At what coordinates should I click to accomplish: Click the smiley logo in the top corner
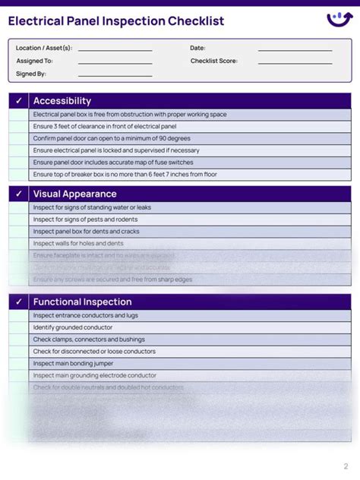(x=339, y=19)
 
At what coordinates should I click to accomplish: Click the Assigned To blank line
(x=115, y=62)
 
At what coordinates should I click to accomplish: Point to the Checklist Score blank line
(x=295, y=62)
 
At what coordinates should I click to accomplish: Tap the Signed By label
(x=31, y=74)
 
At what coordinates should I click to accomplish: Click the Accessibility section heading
(x=62, y=101)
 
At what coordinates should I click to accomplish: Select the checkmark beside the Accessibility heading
(x=19, y=101)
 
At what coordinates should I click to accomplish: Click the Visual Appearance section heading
(x=74, y=194)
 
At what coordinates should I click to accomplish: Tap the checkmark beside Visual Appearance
(x=19, y=194)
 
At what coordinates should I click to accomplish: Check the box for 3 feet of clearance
(x=19, y=126)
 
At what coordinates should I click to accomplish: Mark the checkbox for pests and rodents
(x=19, y=219)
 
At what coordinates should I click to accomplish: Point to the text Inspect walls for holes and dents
(x=78, y=243)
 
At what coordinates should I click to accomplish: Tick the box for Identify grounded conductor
(x=19, y=327)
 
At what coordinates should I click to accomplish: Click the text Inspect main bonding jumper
(x=73, y=363)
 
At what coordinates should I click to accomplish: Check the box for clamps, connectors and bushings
(x=19, y=339)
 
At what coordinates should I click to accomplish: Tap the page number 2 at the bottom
(x=346, y=466)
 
